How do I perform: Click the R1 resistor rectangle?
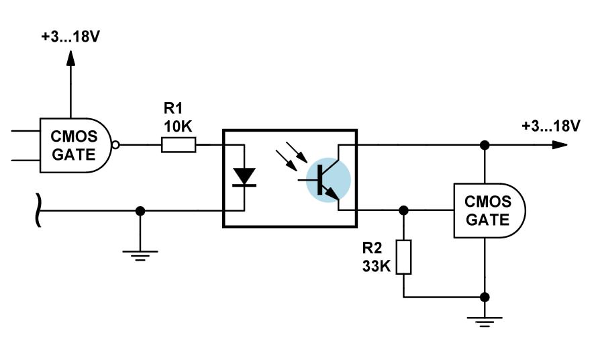click(x=179, y=145)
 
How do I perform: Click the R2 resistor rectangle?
click(x=403, y=257)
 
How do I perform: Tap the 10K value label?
click(x=178, y=126)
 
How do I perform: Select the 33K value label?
click(x=377, y=266)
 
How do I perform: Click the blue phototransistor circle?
click(x=328, y=180)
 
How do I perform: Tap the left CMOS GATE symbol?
click(x=76, y=145)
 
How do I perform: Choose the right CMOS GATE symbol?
click(x=489, y=210)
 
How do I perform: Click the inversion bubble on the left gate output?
click(x=115, y=145)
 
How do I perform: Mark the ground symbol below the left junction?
click(x=140, y=256)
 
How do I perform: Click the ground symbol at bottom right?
click(x=485, y=322)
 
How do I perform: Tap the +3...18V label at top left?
click(x=70, y=36)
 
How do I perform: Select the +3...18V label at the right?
click(x=551, y=126)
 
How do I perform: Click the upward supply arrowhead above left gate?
click(x=70, y=58)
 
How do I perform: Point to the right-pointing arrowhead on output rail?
click(x=560, y=145)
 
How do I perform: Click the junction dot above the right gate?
click(x=485, y=145)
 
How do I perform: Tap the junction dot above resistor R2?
click(x=403, y=210)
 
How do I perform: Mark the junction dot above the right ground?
click(x=485, y=298)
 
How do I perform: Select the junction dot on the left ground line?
click(x=140, y=210)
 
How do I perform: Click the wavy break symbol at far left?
click(x=38, y=210)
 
